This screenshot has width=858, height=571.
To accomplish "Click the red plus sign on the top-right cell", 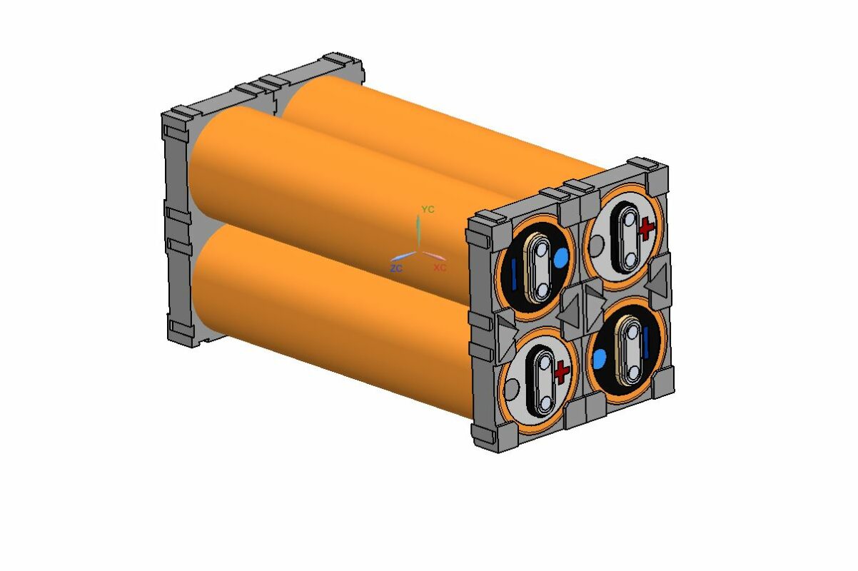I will [647, 229].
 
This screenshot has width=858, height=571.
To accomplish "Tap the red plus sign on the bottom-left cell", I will [562, 370].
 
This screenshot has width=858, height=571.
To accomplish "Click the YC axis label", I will [428, 209].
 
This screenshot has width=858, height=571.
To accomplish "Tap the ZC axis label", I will [396, 268].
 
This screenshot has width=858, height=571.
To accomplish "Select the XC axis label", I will [440, 268].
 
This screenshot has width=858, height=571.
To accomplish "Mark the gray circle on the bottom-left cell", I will [513, 389].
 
